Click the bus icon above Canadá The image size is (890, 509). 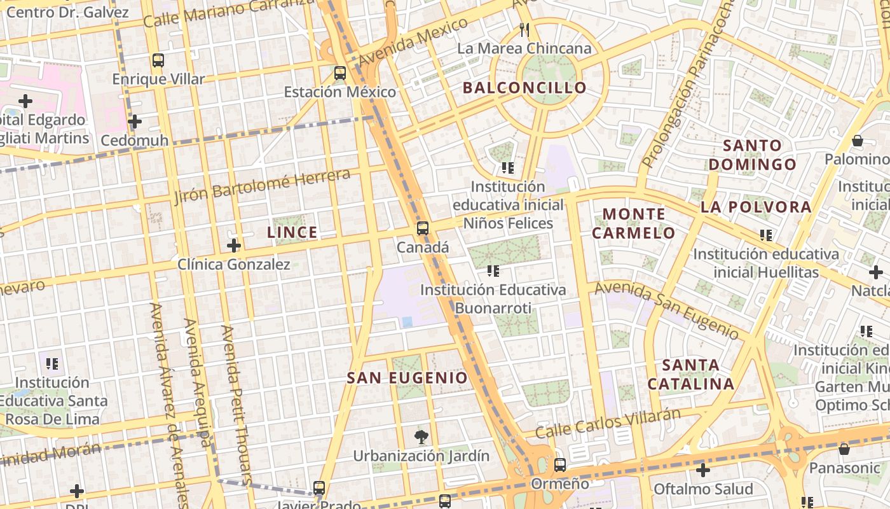pos(423,228)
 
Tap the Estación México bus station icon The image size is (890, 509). pos(340,73)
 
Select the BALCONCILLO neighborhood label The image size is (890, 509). pos(524,88)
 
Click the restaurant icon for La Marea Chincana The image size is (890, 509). pos(524,29)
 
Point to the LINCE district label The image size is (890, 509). pos(292,232)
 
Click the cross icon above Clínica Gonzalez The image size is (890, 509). pos(234,245)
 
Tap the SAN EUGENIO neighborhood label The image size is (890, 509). pos(407,377)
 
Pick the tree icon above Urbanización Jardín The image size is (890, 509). pos(421,436)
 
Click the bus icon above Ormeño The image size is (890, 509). pos(559,464)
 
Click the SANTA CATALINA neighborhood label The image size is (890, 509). pos(691,375)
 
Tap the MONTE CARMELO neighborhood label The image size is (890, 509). pos(634,223)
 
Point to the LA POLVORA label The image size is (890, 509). pos(756,207)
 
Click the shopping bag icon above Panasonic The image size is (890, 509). pos(844,449)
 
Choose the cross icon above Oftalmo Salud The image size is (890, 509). pos(702,470)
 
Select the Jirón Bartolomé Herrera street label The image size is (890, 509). pos(262,186)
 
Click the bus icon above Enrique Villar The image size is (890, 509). pos(158,60)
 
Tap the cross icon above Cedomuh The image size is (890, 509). pos(134,121)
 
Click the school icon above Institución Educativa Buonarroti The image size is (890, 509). pos(493,271)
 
